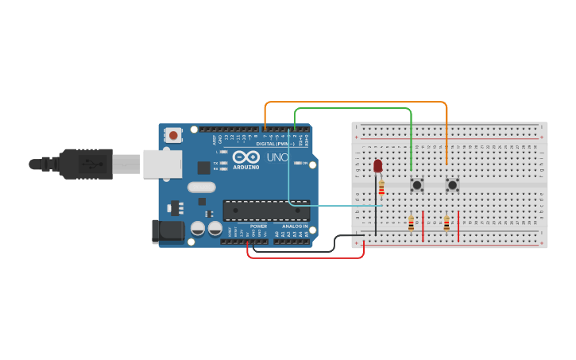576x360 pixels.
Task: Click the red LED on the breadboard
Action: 377,165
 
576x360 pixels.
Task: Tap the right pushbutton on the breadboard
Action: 452,185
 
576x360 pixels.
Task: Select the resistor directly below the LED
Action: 381,188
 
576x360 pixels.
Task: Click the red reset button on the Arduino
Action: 174,135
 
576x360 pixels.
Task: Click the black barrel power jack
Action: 164,231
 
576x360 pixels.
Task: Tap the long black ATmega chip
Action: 265,210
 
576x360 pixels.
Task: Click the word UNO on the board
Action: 277,157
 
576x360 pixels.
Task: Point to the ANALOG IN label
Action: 292,226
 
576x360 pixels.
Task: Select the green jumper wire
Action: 353,109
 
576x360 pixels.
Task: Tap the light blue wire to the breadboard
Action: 334,205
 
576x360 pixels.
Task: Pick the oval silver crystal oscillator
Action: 202,188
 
